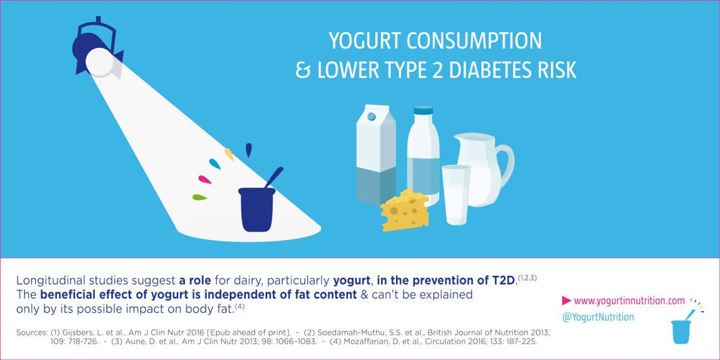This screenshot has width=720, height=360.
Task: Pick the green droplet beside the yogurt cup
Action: (200, 197)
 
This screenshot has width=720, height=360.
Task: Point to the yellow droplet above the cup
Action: (229, 153)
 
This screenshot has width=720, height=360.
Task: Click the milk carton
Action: (375, 155)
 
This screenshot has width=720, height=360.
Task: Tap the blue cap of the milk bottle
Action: (423, 111)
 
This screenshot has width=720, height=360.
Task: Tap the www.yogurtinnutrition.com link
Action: (629, 301)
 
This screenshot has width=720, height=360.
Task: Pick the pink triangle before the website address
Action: (567, 301)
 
